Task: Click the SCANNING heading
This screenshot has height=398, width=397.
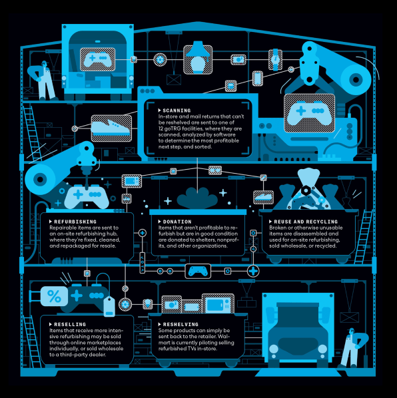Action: coord(177,110)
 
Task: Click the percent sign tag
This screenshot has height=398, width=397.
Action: coord(54,296)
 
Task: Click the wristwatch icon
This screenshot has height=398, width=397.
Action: coord(275,60)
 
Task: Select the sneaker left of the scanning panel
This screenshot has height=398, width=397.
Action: coord(111,127)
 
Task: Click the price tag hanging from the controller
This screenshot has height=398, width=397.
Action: coord(109,306)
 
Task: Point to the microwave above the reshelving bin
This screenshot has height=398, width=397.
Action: coord(218,304)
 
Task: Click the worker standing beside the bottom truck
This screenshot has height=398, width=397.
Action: coord(354,347)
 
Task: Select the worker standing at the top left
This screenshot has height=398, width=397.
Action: coord(43,81)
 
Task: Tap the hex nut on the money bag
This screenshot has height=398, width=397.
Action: coord(306,190)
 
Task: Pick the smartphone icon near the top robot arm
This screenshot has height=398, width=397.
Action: coord(258,78)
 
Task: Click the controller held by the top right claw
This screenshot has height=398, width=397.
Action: coord(309,112)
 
